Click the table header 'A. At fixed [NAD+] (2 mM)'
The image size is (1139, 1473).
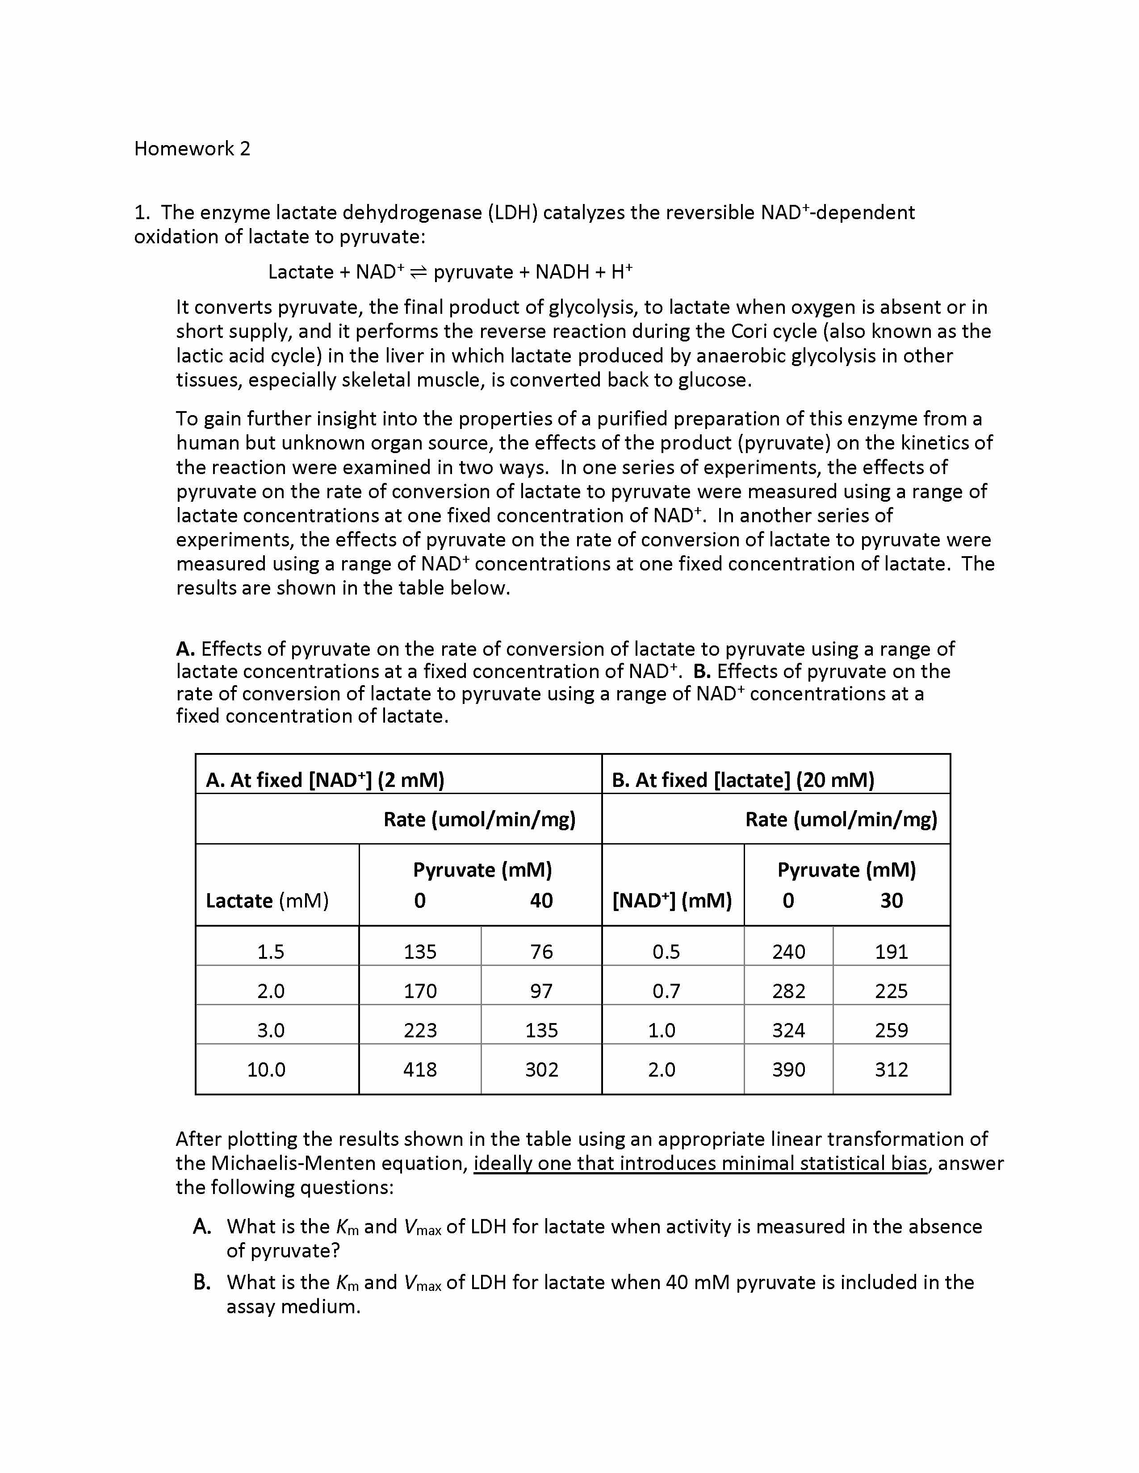[325, 780]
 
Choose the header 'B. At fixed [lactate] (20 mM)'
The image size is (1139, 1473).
[742, 780]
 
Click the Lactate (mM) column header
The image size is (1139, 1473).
[267, 900]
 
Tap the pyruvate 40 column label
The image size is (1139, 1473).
[541, 900]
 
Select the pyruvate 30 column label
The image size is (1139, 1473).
[891, 900]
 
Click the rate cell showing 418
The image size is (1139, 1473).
[420, 1069]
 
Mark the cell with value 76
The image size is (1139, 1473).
[541, 952]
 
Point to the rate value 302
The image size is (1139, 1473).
[541, 1069]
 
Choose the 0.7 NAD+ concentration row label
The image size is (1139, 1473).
[666, 991]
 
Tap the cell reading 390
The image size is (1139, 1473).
[788, 1069]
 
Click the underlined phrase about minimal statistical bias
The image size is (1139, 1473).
[700, 1163]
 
